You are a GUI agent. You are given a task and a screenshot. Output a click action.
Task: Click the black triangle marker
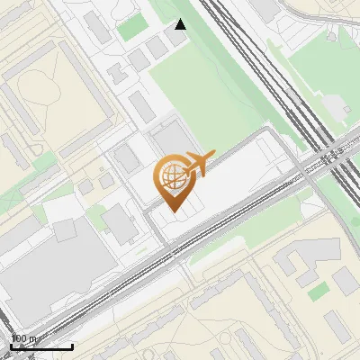(181, 24)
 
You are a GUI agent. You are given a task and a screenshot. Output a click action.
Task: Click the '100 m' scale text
(24, 338)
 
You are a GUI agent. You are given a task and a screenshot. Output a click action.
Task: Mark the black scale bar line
(41, 346)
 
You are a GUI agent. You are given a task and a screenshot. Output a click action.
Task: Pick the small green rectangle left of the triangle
(132, 26)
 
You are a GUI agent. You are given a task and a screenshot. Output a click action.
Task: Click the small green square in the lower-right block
(318, 291)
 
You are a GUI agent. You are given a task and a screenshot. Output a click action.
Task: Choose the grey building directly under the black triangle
(179, 43)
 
